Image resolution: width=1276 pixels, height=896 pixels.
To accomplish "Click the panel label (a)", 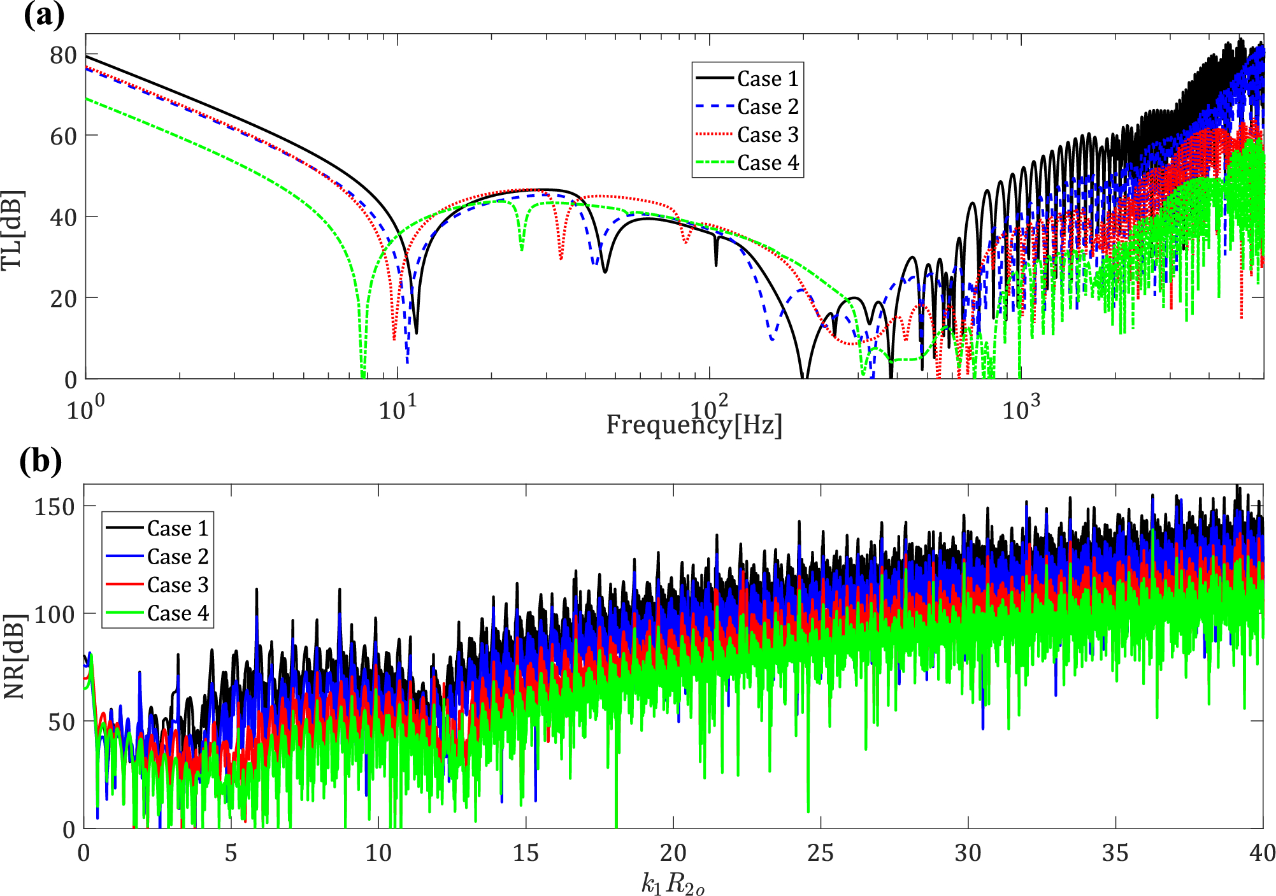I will coord(43,15).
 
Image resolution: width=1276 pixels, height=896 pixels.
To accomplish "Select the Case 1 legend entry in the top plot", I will coord(767,79).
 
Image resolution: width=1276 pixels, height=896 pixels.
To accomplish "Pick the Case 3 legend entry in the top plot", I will coord(767,135).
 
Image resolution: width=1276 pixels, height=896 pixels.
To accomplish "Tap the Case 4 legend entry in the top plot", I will coord(767,163).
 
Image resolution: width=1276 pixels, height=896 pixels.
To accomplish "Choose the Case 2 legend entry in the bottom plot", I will coord(177,557).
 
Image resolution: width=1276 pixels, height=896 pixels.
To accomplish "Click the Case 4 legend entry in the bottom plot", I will coord(177,613).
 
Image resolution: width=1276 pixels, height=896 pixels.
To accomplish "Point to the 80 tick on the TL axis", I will coord(64,55).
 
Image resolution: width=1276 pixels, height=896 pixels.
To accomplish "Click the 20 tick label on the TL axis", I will coord(64,299).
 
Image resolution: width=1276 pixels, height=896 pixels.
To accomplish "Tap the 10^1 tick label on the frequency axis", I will coord(398,408).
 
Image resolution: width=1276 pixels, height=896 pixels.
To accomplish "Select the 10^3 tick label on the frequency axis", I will coord(1021,408).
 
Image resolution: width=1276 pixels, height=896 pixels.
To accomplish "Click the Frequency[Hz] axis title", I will coord(694,425).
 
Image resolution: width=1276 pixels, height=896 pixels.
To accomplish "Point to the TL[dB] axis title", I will coord(13,230).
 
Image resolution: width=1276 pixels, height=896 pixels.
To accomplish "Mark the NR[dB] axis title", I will coord(14,657).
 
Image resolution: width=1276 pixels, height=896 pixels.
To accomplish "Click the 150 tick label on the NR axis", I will coord(55,507).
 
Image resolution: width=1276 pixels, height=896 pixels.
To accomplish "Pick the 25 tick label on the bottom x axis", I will coord(821,853).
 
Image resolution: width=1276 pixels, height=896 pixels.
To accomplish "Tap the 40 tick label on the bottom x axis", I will coord(1262,853).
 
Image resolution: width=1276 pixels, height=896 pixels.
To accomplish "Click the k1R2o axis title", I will coord(673,883).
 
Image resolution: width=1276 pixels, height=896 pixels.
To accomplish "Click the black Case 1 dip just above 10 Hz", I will coord(416,331).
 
